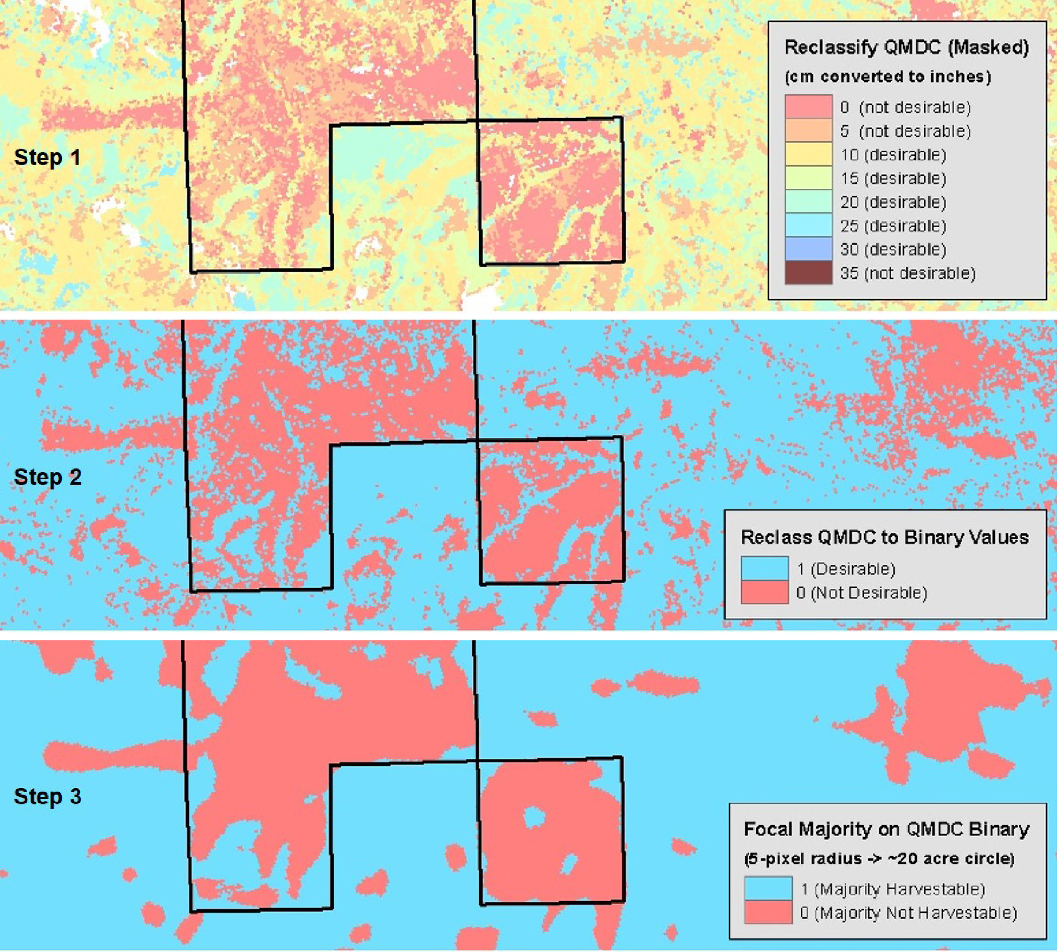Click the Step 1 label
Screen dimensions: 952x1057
click(48, 157)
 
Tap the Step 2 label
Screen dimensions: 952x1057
click(48, 477)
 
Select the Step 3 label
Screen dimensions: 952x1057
click(48, 797)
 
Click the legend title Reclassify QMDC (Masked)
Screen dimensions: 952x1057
click(906, 47)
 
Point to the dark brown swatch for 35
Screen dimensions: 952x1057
click(808, 273)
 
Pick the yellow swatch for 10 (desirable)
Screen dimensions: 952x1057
click(808, 155)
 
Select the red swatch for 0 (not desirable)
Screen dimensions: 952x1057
click(808, 107)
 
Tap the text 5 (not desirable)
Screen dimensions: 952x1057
click(905, 131)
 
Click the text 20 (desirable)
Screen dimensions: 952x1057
click(893, 202)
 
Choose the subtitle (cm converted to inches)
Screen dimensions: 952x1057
click(887, 77)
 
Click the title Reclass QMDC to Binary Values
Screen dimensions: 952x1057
click(884, 537)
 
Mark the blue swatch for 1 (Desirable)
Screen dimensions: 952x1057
click(764, 569)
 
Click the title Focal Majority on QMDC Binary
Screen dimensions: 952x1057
click(887, 829)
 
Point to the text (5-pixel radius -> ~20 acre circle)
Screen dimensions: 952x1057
click(879, 858)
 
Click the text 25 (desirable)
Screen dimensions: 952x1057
click(893, 226)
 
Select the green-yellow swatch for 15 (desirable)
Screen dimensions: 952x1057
click(808, 179)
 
